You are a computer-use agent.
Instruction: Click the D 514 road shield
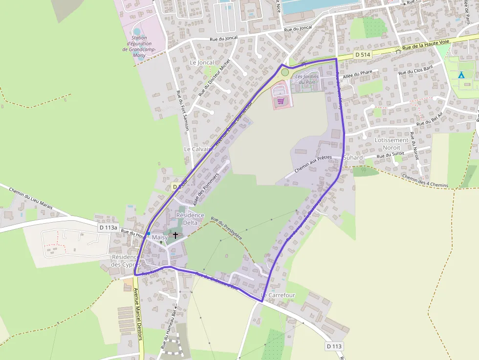pyautogui.click(x=362, y=55)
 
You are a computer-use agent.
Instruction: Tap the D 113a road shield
pyautogui.click(x=109, y=227)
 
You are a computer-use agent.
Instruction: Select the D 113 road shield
pyautogui.click(x=334, y=346)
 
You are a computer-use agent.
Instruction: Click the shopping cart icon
pyautogui.click(x=281, y=101)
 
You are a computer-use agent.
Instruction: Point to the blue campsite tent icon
pyautogui.click(x=460, y=75)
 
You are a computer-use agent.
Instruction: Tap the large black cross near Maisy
pyautogui.click(x=175, y=235)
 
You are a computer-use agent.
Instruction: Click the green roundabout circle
pyautogui.click(x=285, y=72)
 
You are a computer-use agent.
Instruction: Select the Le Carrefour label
pyautogui.click(x=278, y=295)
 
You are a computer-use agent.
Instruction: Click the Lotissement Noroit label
pyautogui.click(x=392, y=143)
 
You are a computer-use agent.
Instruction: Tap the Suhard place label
pyautogui.click(x=353, y=158)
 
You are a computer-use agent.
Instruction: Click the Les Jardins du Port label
pyautogui.click(x=307, y=79)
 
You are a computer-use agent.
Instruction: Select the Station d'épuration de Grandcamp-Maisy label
pyautogui.click(x=139, y=46)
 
